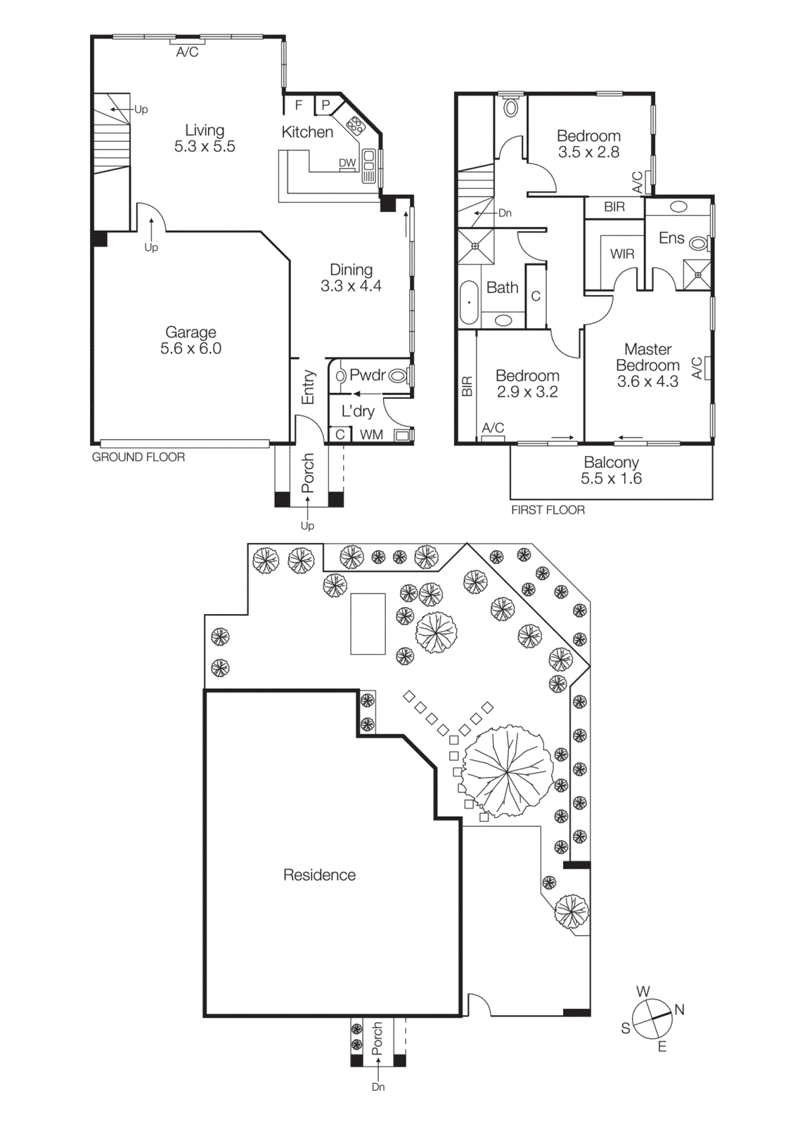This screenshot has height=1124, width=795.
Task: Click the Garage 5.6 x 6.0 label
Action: coord(190,341)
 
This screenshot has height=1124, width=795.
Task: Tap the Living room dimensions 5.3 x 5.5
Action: coord(205,147)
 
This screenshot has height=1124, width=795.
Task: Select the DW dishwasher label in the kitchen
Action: coord(347,163)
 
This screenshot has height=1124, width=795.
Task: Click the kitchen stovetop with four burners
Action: coord(355,126)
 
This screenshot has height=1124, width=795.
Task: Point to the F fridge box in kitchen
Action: coord(299,105)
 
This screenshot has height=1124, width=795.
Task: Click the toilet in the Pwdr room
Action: coord(398,376)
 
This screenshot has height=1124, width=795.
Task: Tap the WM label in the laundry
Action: coord(371,435)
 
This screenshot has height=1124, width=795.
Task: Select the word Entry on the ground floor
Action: coord(308,387)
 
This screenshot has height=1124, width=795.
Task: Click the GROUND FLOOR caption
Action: coord(138,457)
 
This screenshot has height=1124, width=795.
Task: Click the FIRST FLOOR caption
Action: coord(548,510)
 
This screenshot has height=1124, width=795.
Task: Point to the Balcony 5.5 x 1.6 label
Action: coord(611,471)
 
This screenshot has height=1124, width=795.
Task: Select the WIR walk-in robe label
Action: coord(621,254)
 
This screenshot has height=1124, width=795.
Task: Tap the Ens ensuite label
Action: coord(671,238)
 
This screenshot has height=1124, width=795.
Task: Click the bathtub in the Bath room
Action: coord(468,303)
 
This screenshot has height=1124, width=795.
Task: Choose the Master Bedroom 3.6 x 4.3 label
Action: coord(647,365)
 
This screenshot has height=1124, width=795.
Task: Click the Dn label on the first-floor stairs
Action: coord(505,213)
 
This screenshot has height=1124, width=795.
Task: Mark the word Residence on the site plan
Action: coord(319,875)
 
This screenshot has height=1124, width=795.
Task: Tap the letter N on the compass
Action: coord(679,1009)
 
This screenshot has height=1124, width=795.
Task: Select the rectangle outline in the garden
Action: coord(368,624)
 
